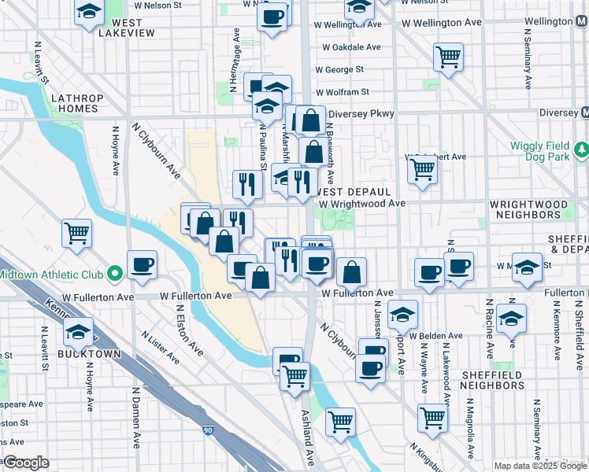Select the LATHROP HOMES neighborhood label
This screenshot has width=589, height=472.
76,104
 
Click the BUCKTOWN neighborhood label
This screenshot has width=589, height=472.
88,354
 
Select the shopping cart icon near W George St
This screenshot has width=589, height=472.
447,57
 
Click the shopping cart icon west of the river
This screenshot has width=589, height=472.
77,232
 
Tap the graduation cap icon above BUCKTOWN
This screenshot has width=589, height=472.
78,332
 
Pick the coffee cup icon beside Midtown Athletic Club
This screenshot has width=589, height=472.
142,265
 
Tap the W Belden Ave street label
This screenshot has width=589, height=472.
437,336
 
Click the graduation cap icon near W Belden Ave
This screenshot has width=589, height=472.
402,316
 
